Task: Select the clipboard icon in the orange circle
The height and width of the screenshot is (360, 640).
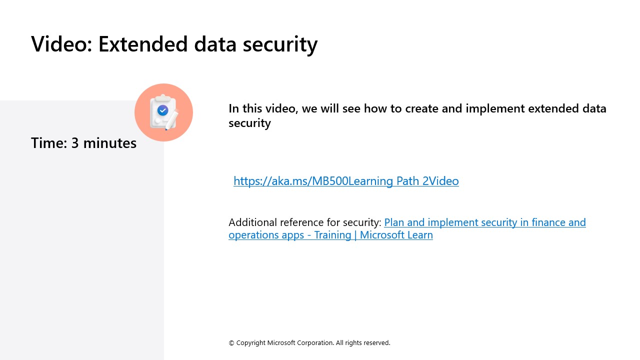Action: [x=163, y=112]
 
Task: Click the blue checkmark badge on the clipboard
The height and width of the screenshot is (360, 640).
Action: [x=162, y=110]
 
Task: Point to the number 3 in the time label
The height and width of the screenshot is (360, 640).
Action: [x=75, y=143]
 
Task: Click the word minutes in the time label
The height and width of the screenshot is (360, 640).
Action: [x=110, y=143]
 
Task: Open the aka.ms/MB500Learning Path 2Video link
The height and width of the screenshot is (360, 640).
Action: [x=346, y=181]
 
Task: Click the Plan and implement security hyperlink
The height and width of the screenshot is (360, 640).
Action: [x=484, y=222]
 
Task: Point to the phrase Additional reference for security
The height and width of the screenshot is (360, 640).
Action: [x=305, y=222]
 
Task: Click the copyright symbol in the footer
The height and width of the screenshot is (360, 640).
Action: [x=231, y=343]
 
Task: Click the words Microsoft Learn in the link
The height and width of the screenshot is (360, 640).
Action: [x=396, y=235]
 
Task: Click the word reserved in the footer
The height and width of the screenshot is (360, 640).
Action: [x=376, y=343]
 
